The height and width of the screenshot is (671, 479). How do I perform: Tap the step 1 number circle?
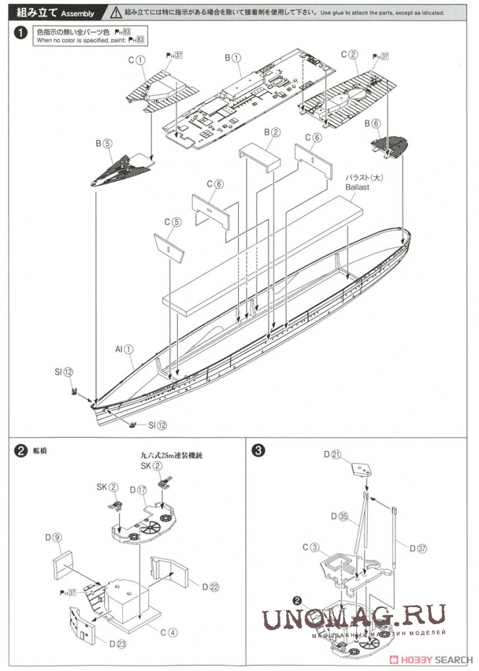pyautogui.click(x=22, y=34)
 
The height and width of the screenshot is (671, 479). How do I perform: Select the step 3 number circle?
pyautogui.click(x=259, y=451)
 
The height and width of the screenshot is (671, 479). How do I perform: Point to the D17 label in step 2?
pyautogui.click(x=138, y=490)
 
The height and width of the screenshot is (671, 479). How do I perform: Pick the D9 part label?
pyautogui.click(x=57, y=538)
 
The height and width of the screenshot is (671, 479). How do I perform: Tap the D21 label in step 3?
pyautogui.click(x=331, y=455)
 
